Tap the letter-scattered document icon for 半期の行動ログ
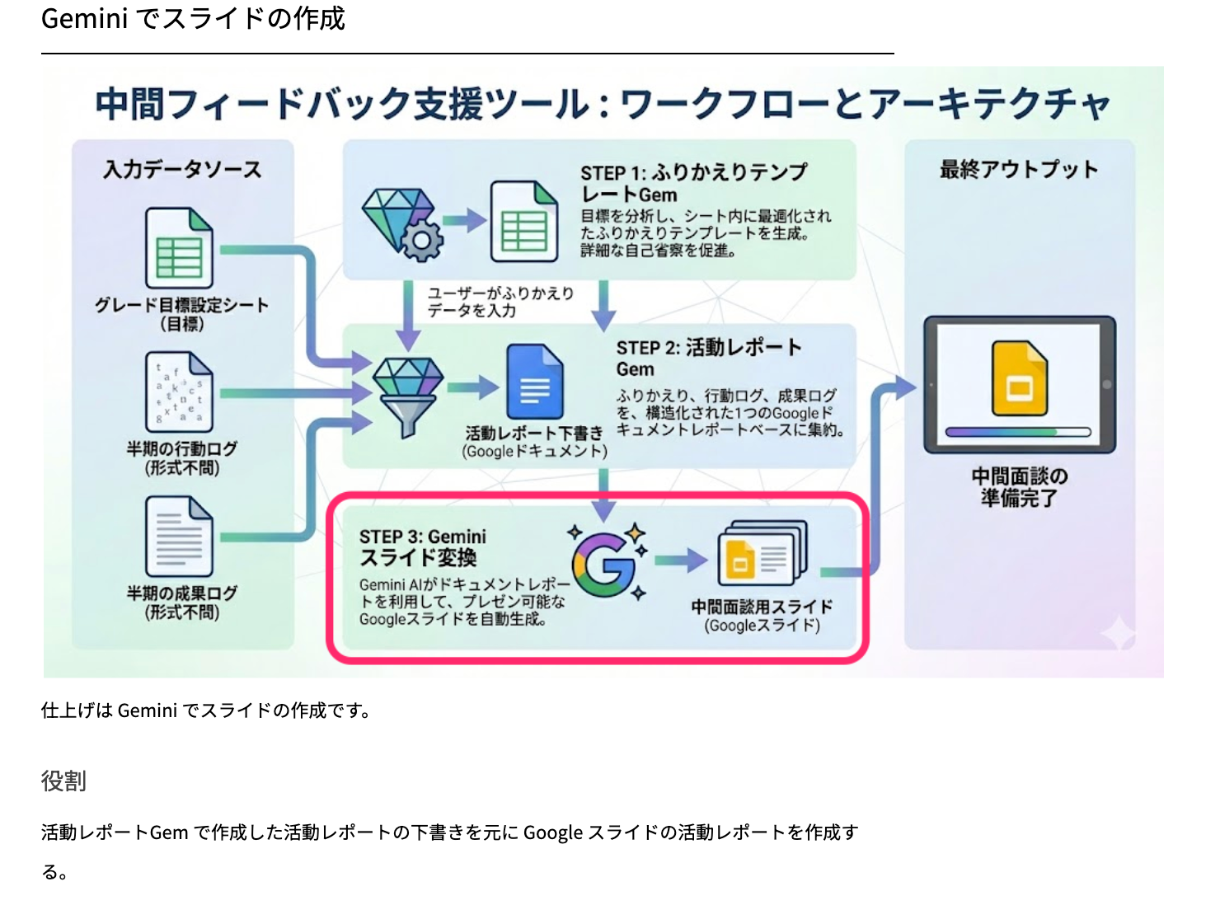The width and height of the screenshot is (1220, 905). tap(179, 392)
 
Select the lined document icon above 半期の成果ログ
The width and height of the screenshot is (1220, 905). tap(179, 537)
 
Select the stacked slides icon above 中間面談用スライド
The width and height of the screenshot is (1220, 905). tap(761, 554)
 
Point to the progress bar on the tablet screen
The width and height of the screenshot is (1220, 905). tap(1018, 432)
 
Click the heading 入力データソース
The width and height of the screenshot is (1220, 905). tap(182, 170)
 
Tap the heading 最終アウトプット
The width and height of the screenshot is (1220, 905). tap(1019, 170)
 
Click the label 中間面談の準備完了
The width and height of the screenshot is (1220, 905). tap(1019, 487)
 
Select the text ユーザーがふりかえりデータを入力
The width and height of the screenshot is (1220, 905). tap(500, 302)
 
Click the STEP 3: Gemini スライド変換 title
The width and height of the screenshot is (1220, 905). tap(422, 547)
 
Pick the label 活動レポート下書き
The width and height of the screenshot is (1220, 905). tap(534, 434)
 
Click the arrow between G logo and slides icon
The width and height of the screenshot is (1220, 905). tap(681, 560)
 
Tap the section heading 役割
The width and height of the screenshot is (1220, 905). tap(63, 781)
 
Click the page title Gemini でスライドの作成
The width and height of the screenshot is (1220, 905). tap(193, 18)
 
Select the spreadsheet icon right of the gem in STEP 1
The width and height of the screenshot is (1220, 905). tap(524, 222)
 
